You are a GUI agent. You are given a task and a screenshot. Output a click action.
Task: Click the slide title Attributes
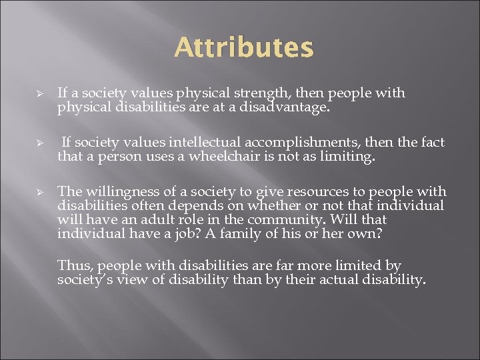[x=243, y=48]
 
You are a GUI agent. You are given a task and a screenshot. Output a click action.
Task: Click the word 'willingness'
[x=114, y=192]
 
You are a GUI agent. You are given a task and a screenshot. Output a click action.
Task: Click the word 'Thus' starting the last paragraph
[x=71, y=265]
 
